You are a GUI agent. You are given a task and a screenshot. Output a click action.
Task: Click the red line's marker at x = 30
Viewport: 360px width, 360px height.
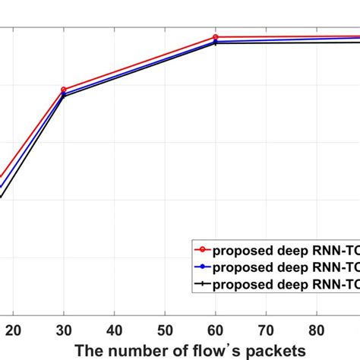point(64,90)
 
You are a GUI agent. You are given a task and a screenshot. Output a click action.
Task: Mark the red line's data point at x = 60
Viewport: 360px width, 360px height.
point(215,37)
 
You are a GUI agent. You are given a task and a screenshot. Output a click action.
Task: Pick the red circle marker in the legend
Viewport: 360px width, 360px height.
point(202,248)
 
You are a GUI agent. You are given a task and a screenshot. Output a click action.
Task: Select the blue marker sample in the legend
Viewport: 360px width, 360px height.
point(202,267)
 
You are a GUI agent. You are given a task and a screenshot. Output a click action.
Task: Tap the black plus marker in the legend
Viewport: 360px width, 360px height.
point(202,285)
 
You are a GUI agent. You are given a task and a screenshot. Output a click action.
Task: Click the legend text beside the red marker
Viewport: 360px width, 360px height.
point(286,248)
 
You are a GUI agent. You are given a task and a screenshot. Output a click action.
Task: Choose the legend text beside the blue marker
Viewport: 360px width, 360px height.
point(286,267)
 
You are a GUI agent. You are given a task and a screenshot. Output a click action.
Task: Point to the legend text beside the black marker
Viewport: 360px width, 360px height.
point(286,285)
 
